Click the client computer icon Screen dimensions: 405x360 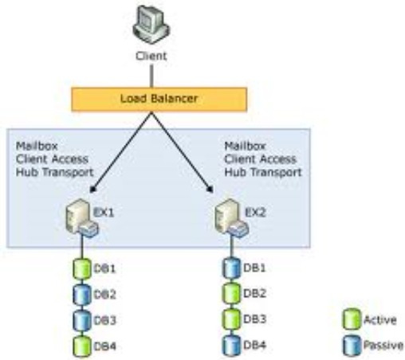(x=151, y=25)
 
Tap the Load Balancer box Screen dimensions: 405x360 (x=159, y=99)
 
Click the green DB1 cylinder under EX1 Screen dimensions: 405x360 (x=82, y=268)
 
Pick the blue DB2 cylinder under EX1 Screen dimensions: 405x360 (x=82, y=295)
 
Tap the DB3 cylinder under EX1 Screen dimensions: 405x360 (x=82, y=320)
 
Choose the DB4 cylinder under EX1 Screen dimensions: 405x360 (x=82, y=346)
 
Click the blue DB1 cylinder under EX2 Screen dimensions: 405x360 (x=231, y=268)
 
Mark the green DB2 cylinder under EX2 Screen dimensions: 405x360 (x=231, y=293)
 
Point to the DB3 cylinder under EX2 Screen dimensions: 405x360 (x=231, y=319)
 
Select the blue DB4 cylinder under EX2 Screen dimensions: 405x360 (x=231, y=345)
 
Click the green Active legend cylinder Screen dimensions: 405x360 (x=352, y=319)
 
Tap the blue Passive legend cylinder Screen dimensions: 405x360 (x=352, y=345)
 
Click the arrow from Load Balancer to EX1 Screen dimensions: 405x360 (x=121, y=152)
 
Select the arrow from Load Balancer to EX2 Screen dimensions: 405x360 (x=183, y=152)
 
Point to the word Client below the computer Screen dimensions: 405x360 (x=151, y=56)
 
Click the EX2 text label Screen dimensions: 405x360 (x=255, y=213)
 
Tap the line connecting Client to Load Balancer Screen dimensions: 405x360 (x=151, y=76)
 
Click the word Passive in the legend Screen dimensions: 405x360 (x=383, y=345)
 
